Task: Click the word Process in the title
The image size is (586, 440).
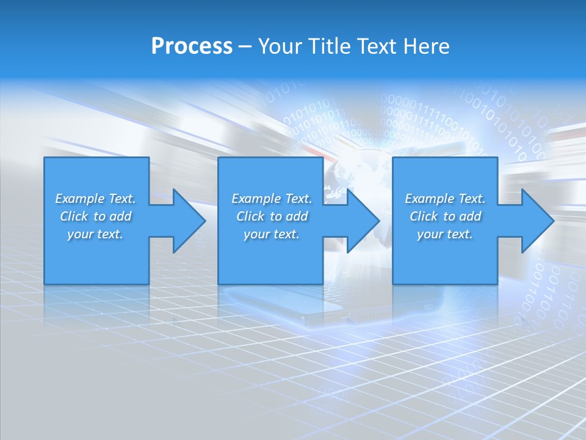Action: pos(192,46)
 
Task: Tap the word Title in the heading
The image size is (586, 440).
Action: pos(330,46)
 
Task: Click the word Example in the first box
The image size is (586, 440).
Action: pos(79,199)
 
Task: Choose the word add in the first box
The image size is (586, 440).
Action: pos(121,216)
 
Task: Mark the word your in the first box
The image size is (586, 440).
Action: pos(80,234)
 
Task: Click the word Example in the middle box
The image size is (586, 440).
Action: pos(256,199)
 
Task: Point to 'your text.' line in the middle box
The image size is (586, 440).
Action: pos(271,234)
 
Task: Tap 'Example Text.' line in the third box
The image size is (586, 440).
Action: pos(445,199)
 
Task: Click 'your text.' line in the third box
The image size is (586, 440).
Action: pos(445,234)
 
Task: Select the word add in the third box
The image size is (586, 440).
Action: pos(471,216)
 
